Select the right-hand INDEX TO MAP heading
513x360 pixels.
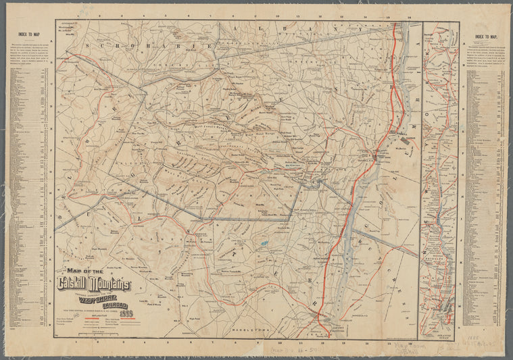pos(486,37)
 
